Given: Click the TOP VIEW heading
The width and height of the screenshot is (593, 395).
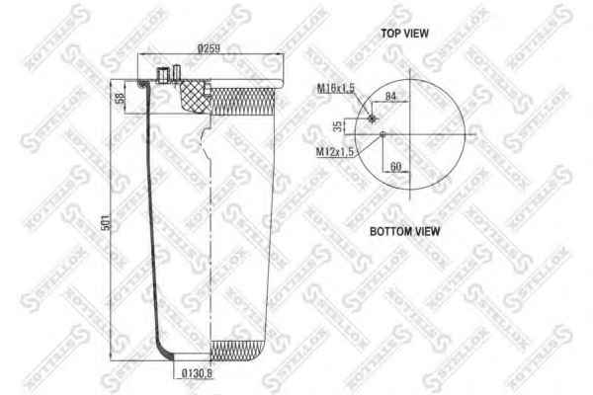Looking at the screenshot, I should click(405, 34).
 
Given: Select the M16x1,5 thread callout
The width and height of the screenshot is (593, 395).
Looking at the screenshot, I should click(335, 90).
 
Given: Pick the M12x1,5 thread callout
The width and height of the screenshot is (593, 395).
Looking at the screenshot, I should click(335, 151).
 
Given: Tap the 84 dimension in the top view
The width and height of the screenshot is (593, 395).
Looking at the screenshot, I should click(390, 96).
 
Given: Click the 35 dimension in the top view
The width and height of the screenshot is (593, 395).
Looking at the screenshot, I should click(338, 125).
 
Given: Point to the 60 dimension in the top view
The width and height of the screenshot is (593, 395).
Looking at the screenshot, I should click(395, 166).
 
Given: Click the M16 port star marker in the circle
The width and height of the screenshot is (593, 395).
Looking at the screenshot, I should click(372, 118).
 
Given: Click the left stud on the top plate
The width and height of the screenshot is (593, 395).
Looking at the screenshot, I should click(161, 73).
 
